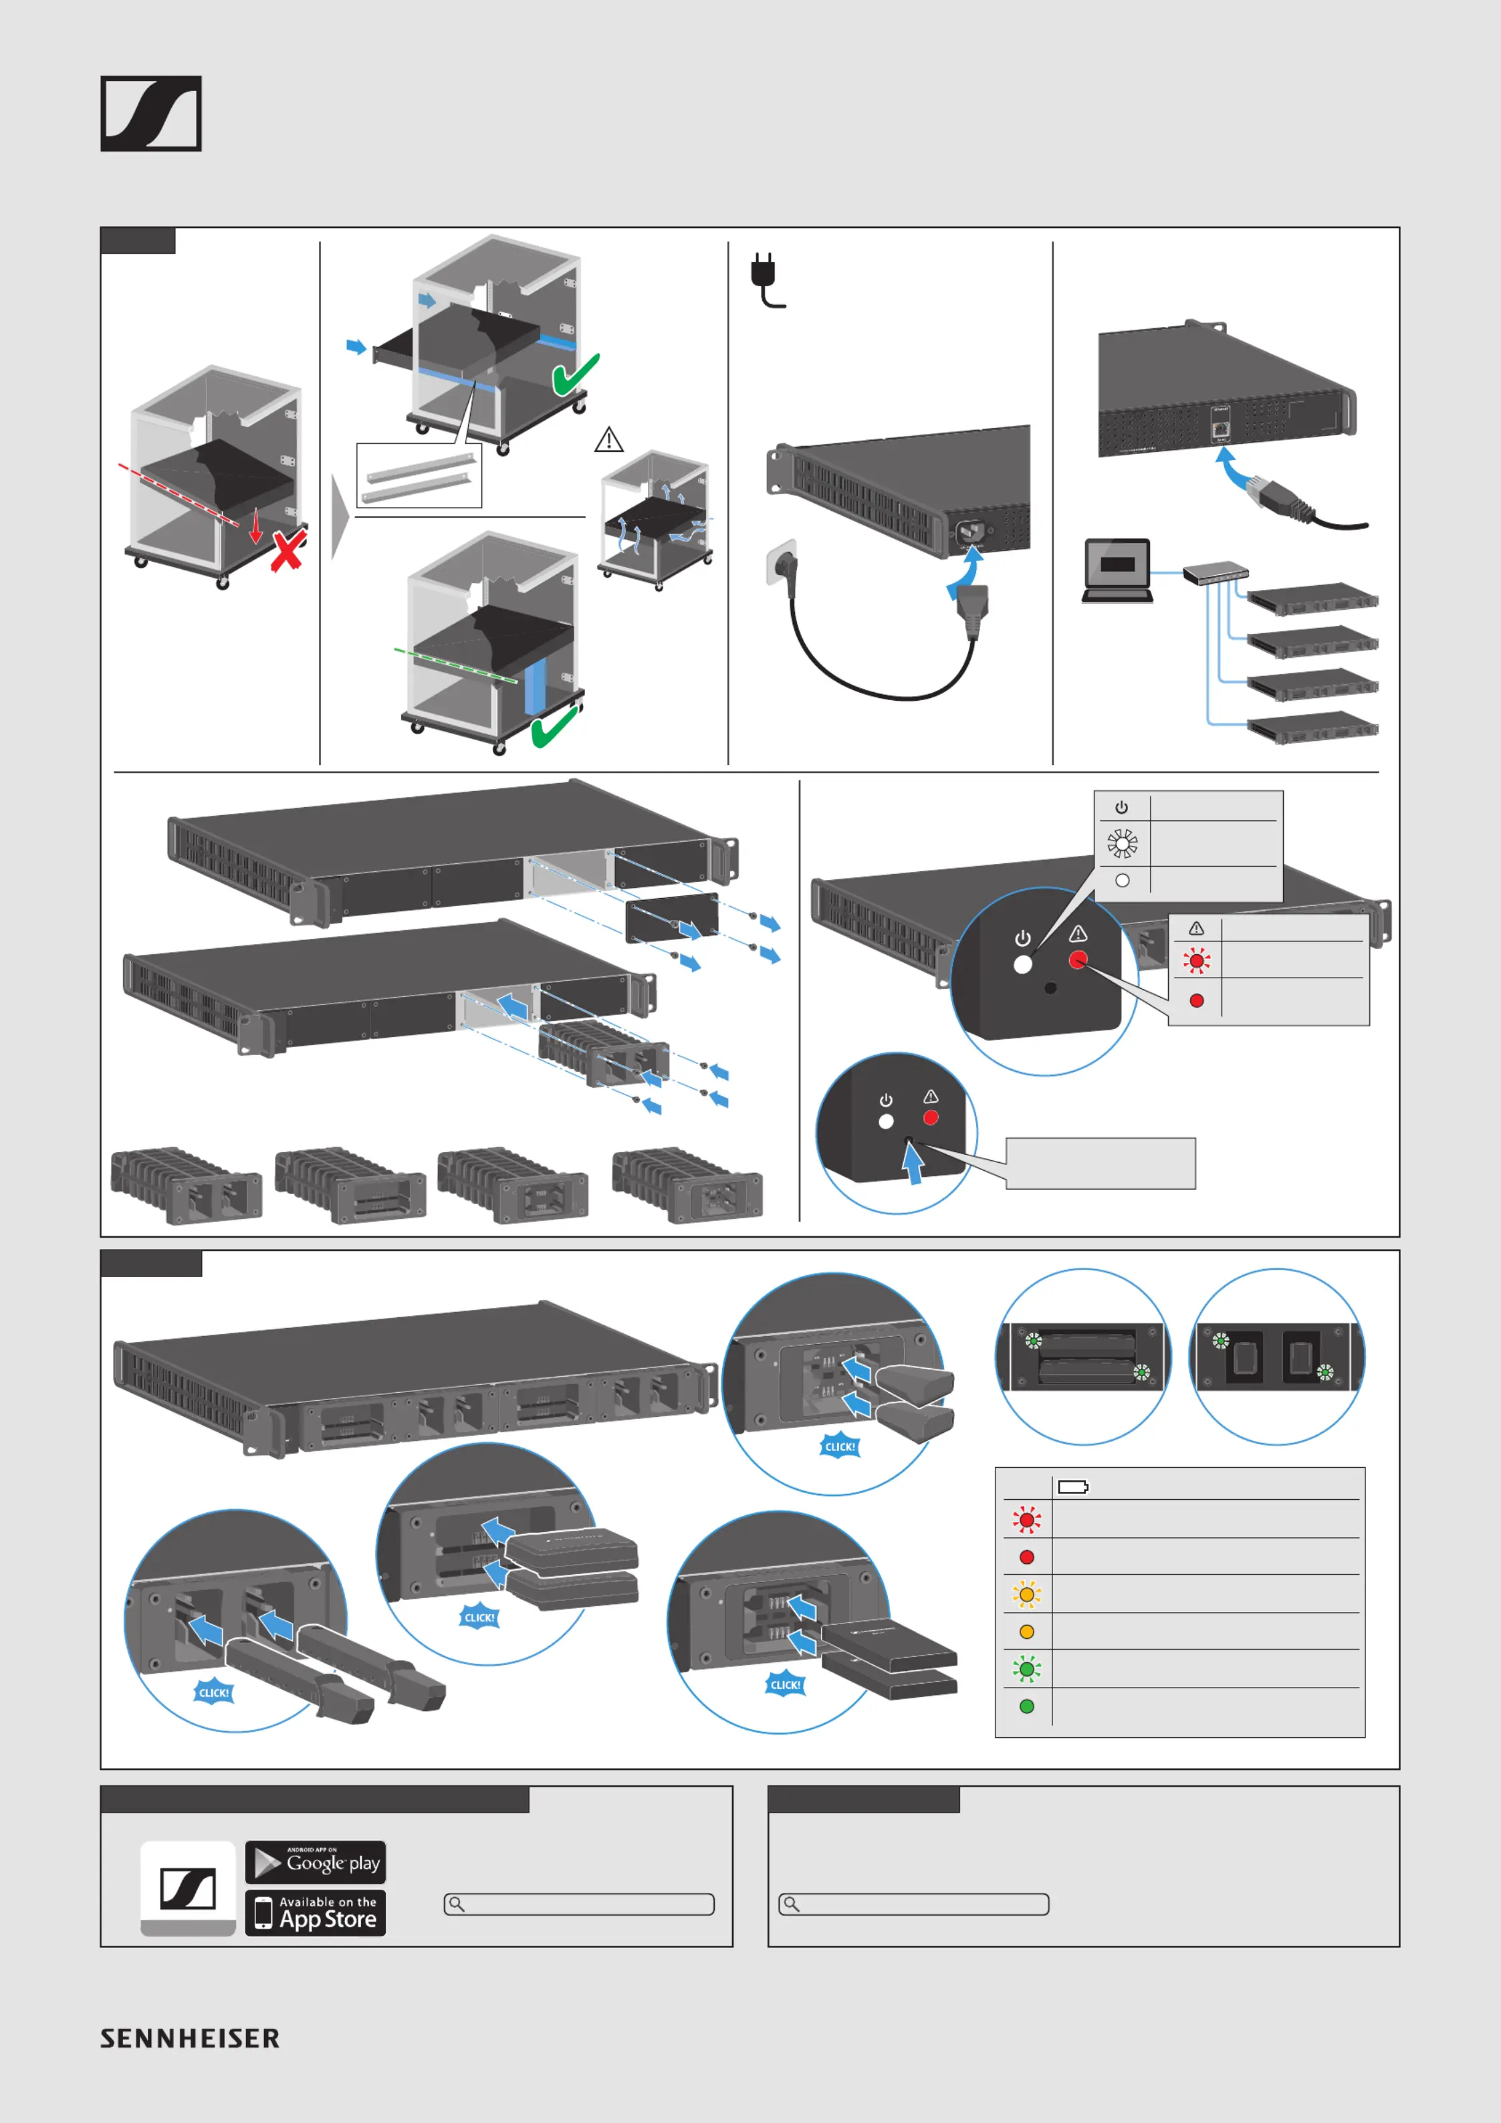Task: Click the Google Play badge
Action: point(316,1862)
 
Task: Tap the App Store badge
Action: point(316,1913)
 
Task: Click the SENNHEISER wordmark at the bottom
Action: point(190,2038)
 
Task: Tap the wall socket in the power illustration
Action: point(782,562)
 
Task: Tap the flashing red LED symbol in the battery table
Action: point(1026,1519)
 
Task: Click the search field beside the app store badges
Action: point(579,1904)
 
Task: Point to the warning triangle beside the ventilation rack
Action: point(608,439)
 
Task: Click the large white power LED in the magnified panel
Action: point(1023,964)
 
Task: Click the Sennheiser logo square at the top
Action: point(150,114)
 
